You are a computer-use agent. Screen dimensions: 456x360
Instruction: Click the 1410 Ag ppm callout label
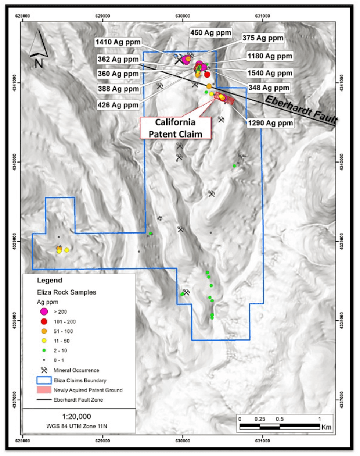(x=118, y=42)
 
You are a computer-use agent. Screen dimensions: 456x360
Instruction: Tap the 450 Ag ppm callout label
(x=210, y=33)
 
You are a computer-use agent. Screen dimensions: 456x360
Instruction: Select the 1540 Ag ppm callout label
(x=270, y=73)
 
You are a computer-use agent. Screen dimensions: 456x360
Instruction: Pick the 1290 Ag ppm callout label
(x=270, y=123)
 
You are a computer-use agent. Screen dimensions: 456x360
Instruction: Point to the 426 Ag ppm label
(x=118, y=105)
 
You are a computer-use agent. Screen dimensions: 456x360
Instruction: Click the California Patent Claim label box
(x=175, y=128)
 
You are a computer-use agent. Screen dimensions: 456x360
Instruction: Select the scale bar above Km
(x=280, y=427)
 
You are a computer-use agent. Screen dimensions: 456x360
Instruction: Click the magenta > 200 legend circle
(x=44, y=312)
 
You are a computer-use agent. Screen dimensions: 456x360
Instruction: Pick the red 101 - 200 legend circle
(x=44, y=322)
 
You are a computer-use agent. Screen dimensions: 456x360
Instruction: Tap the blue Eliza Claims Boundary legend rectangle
(x=44, y=380)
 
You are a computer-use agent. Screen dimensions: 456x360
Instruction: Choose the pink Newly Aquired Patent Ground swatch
(x=44, y=390)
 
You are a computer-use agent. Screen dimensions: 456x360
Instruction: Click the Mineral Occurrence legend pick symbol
(x=44, y=370)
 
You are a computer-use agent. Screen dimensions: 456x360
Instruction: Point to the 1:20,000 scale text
(x=76, y=417)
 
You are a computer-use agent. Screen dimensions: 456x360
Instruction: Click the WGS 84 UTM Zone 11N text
(x=76, y=426)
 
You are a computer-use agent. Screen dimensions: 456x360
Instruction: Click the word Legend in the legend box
(x=50, y=281)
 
